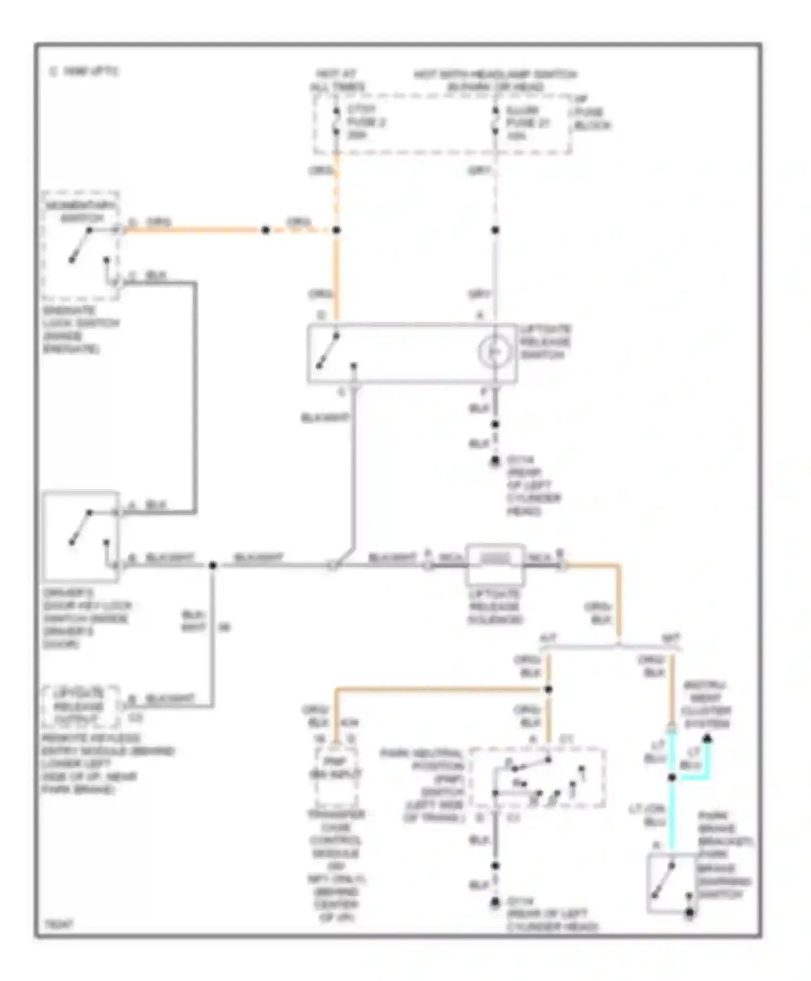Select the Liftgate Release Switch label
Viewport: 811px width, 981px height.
tap(545, 342)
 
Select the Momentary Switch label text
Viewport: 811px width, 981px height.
tap(81, 211)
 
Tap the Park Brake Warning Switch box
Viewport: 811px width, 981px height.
tap(670, 882)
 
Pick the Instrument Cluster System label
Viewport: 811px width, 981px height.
tap(706, 704)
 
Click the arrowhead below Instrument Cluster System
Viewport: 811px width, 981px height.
tap(707, 738)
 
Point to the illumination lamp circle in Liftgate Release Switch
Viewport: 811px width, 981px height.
tap(494, 352)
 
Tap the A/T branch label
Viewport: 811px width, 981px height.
tap(548, 638)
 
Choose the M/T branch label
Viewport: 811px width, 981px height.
tap(671, 638)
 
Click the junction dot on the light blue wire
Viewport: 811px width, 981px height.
tap(672, 778)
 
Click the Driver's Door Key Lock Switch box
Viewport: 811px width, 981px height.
tap(81, 535)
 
